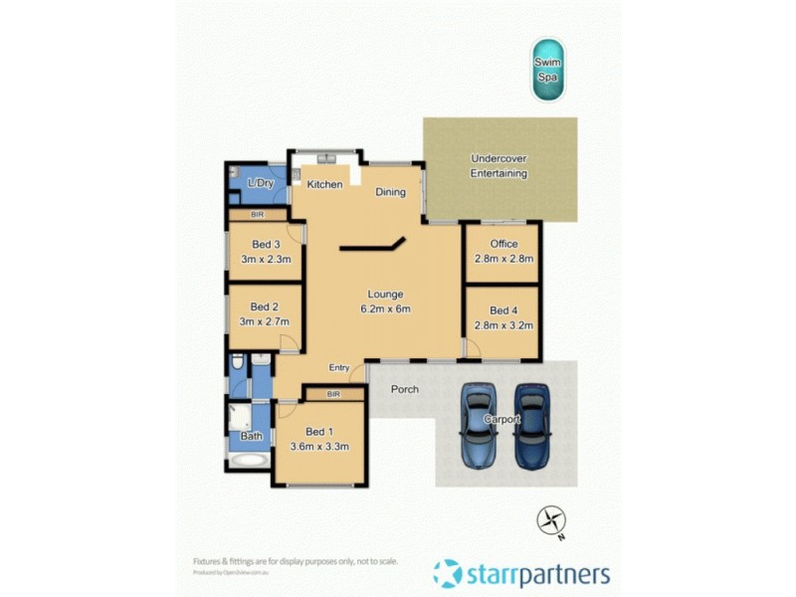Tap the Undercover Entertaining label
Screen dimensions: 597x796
pyautogui.click(x=498, y=166)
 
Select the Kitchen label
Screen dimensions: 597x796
pyautogui.click(x=324, y=185)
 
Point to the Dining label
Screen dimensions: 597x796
pyautogui.click(x=390, y=192)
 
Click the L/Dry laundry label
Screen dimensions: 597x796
pyautogui.click(x=261, y=184)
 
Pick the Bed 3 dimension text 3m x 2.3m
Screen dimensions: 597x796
pyautogui.click(x=265, y=259)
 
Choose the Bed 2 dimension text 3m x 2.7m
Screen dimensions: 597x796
pyautogui.click(x=264, y=321)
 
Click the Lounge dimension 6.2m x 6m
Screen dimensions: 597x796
pyautogui.click(x=385, y=308)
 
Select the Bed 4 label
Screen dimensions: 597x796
pyautogui.click(x=504, y=310)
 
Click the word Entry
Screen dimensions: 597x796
pyautogui.click(x=339, y=368)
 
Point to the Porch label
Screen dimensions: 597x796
pyautogui.click(x=403, y=389)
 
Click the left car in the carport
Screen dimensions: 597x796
pyautogui.click(x=480, y=426)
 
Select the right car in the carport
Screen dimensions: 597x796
pyautogui.click(x=531, y=426)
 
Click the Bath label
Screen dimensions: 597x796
pyautogui.click(x=252, y=436)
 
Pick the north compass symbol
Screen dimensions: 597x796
pyautogui.click(x=550, y=520)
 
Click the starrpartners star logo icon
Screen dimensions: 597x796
pyautogui.click(x=447, y=573)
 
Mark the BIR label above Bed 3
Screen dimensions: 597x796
pyautogui.click(x=258, y=215)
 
